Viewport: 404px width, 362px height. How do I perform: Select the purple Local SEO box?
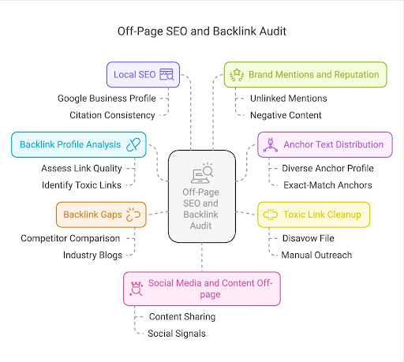click(143, 75)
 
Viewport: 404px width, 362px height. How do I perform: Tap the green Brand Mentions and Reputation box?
click(305, 75)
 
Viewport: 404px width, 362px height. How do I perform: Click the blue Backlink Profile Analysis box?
click(79, 144)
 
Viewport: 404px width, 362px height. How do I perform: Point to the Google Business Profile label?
click(107, 99)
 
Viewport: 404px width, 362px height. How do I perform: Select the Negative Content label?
click(286, 115)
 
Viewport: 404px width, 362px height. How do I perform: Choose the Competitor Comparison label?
click(70, 238)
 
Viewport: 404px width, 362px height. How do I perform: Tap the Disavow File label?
click(309, 238)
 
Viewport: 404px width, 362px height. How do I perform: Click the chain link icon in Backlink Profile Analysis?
click(133, 144)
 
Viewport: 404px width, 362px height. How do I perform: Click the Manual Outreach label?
click(316, 255)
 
